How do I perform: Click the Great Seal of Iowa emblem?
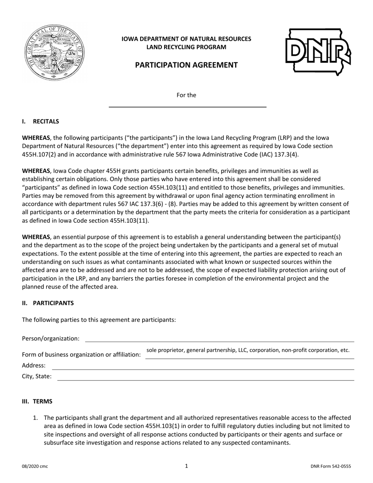54,52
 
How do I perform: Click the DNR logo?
318,52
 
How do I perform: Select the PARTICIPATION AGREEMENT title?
186,65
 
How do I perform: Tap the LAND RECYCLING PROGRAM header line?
186,47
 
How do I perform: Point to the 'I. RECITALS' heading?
40,121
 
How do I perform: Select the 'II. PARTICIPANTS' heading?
48,303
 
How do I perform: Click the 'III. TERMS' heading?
37,401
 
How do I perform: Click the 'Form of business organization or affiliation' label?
81,355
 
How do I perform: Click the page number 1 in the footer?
186,466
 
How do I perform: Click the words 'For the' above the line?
186,95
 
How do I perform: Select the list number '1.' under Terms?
35,418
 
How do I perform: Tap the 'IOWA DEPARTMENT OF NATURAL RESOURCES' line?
186,39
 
